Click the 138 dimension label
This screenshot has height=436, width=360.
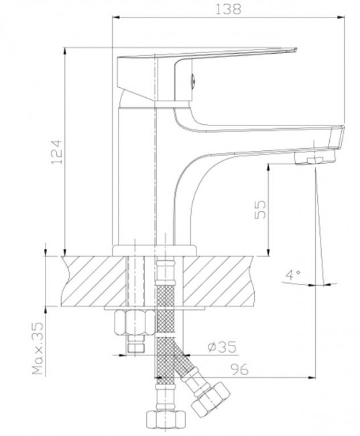[x=229, y=9]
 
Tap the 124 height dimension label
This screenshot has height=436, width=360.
[x=56, y=152]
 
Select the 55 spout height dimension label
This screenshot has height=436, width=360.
[x=260, y=209]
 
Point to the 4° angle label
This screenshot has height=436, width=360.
[x=293, y=275]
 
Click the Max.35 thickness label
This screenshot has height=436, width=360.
[x=38, y=348]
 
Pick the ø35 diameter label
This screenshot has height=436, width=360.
[x=222, y=347]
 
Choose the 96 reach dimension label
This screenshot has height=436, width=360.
[x=239, y=370]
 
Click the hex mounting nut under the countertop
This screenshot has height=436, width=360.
[x=135, y=322]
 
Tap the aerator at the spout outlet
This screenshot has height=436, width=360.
[x=314, y=158]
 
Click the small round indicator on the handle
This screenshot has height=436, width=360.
[x=193, y=82]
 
